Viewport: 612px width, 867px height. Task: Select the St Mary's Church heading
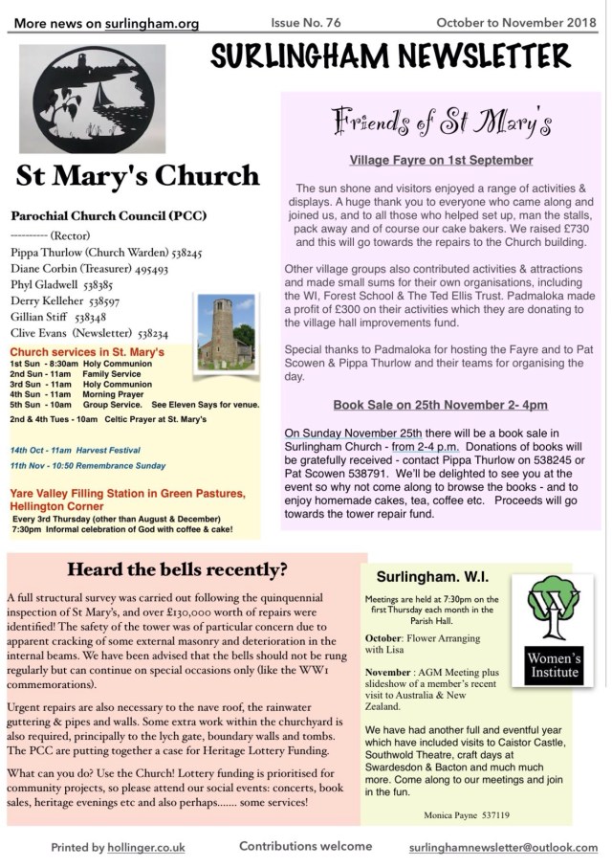point(138,177)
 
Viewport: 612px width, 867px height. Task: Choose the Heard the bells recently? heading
point(177,570)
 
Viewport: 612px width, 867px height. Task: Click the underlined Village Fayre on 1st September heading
point(441,160)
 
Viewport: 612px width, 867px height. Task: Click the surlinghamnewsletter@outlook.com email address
point(502,848)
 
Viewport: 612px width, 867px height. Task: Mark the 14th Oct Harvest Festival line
point(76,450)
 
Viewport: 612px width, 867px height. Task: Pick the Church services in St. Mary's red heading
point(87,353)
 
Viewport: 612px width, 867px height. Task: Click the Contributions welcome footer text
point(305,847)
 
